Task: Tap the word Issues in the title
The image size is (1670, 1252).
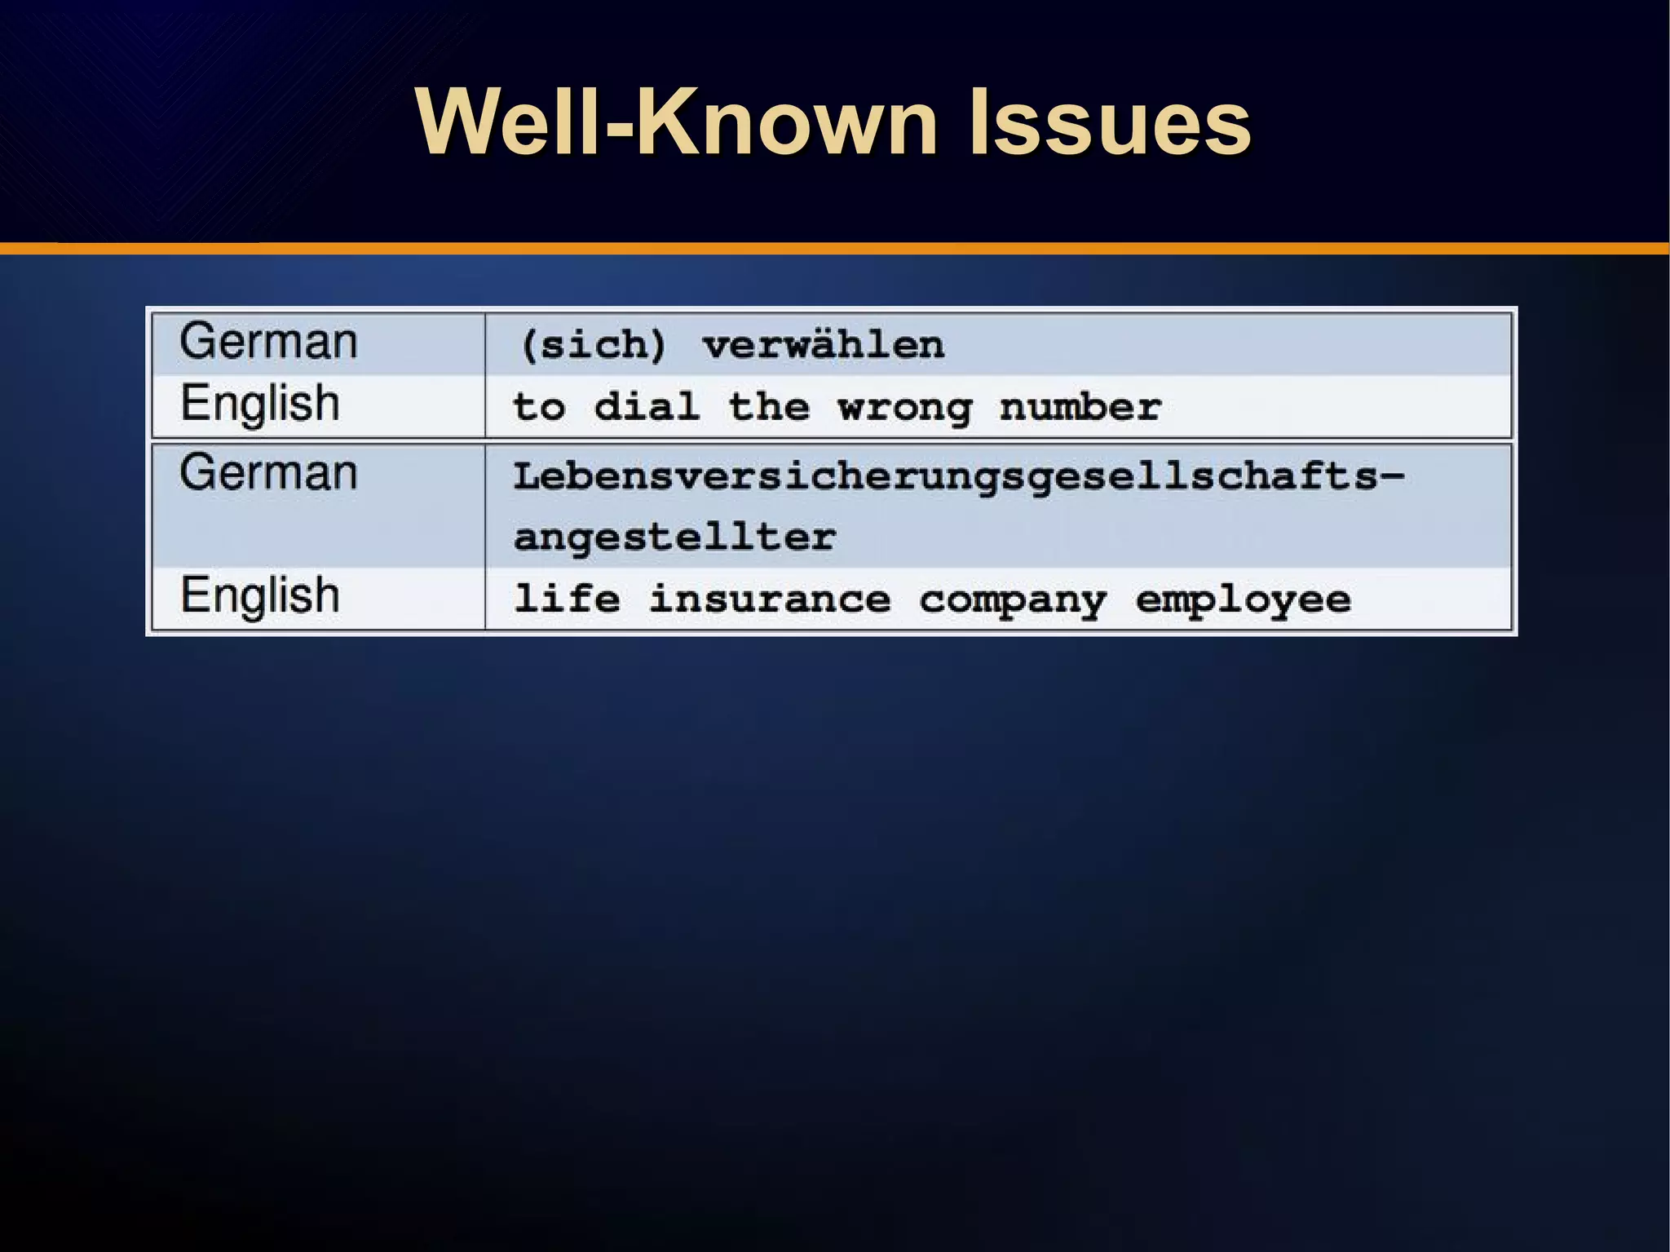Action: tap(1109, 122)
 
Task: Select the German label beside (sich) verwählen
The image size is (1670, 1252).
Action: tap(268, 342)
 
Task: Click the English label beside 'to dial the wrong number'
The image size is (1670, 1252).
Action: tap(259, 404)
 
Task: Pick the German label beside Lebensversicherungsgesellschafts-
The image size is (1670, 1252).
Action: tap(268, 473)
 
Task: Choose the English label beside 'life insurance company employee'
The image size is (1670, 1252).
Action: tap(259, 595)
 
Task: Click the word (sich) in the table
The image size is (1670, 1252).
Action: tap(594, 345)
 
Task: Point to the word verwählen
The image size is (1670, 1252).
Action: tap(824, 345)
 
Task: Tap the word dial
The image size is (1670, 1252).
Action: tap(647, 406)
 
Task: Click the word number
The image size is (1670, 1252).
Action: tap(1080, 406)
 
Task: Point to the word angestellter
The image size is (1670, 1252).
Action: tap(674, 538)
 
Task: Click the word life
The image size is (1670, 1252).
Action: tap(567, 599)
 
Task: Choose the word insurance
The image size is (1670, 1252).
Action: tap(769, 599)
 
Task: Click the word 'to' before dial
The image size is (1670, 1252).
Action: tap(539, 407)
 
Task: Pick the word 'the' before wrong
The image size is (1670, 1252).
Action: tap(769, 406)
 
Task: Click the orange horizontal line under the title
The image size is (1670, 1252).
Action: tap(835, 248)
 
